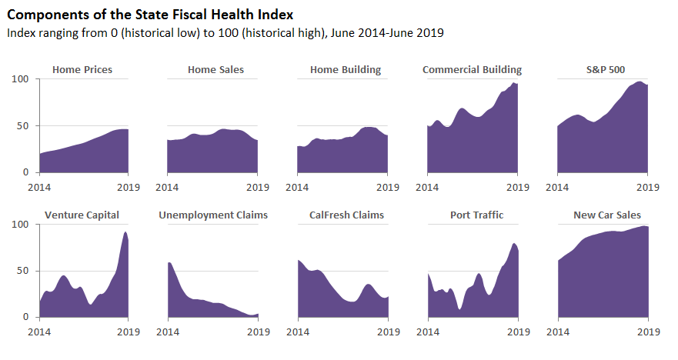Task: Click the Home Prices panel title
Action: point(82,70)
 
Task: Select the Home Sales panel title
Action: point(215,70)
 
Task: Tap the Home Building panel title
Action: point(346,70)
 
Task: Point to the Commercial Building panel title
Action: point(472,70)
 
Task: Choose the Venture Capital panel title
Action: point(82,215)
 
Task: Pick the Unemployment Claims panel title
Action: point(213,215)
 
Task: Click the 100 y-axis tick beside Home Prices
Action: point(21,79)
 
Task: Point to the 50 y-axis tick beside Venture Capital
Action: point(23,271)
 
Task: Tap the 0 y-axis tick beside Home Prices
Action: point(26,172)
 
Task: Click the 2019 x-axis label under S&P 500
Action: point(648,186)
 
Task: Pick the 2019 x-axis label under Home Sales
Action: point(258,186)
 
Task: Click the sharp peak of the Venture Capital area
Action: point(125,232)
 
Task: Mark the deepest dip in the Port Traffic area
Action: point(459,309)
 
